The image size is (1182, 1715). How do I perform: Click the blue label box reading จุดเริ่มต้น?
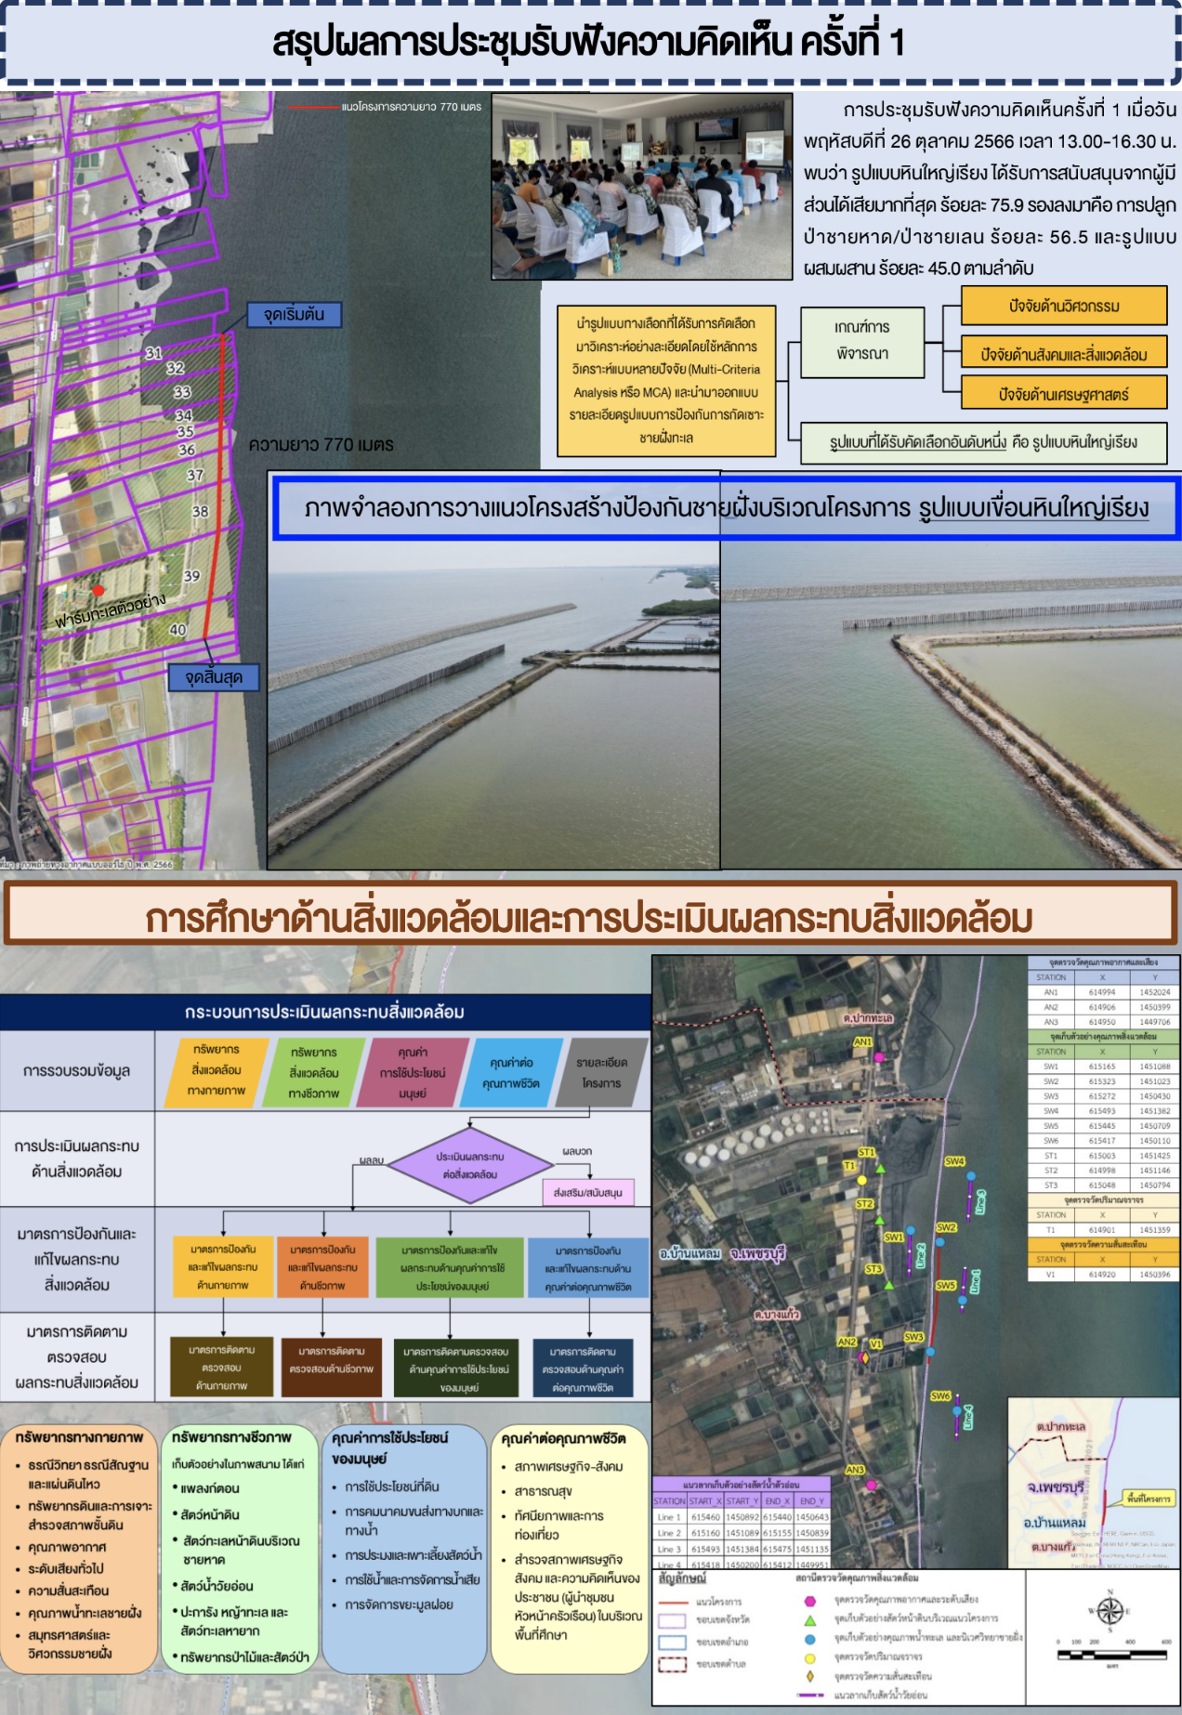pos(294,315)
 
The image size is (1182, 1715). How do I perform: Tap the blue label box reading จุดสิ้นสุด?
pos(214,677)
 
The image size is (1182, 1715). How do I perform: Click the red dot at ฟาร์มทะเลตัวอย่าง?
pos(98,590)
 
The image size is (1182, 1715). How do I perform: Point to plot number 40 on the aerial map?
pos(177,630)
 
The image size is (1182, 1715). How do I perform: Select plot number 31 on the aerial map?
pos(153,353)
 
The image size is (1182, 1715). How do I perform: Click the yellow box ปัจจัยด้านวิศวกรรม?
pos(1063,306)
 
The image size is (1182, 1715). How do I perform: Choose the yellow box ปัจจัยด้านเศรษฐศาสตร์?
pos(1063,394)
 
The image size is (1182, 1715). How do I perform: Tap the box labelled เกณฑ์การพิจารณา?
pos(862,341)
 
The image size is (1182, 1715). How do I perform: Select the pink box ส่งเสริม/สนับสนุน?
pos(587,1193)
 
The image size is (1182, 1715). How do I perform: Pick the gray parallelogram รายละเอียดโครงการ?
pos(601,1073)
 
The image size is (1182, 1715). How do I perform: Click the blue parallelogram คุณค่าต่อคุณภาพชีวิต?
pos(511,1073)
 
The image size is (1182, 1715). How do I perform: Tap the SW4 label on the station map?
pos(954,1161)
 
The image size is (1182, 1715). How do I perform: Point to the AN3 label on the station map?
pos(854,1470)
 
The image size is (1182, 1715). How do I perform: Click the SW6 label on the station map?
pos(940,1395)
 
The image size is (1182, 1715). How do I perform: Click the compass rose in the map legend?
pos(1110,1611)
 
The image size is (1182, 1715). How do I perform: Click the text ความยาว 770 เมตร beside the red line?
pos(321,445)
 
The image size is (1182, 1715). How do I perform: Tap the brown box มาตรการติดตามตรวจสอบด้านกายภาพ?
pos(221,1368)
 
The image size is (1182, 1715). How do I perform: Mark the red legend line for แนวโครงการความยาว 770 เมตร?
pos(314,108)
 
